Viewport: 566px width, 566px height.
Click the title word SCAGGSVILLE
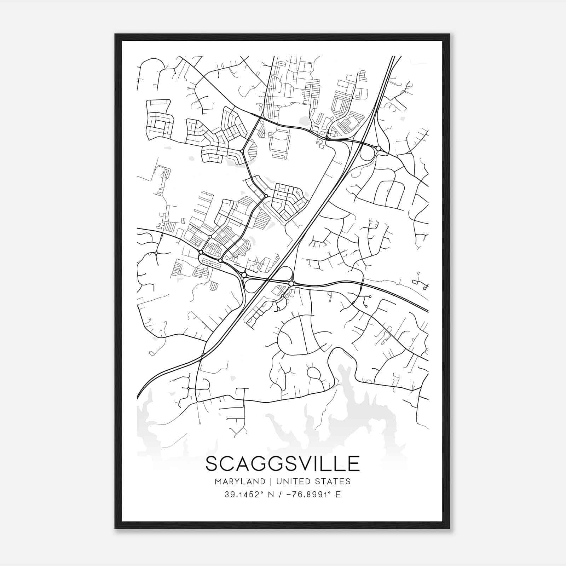283,464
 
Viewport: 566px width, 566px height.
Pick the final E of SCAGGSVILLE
354,464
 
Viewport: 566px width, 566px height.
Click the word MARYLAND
240,481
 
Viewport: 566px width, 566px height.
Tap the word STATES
334,481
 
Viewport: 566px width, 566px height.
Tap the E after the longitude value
338,495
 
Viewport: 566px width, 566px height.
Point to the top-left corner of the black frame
115,34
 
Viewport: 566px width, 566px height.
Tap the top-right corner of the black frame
449,34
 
